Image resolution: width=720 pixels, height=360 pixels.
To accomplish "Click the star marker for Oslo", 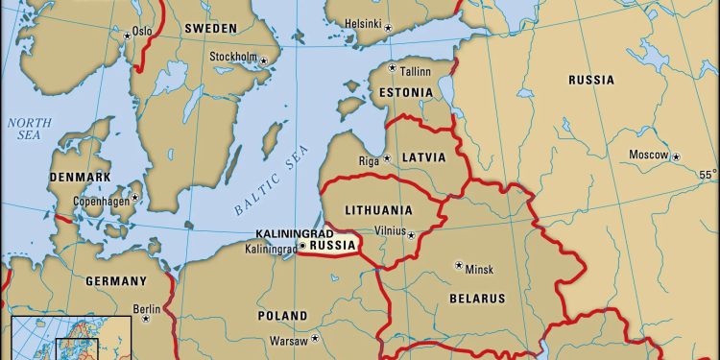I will [127, 36].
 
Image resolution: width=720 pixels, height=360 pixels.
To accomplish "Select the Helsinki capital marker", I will [389, 28].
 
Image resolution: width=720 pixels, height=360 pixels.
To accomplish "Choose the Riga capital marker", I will [388, 159].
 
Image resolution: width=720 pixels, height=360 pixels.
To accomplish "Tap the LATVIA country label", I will [424, 156].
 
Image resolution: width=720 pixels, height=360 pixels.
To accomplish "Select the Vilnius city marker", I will [411, 235].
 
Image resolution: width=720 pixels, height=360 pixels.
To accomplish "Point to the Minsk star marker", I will [458, 265].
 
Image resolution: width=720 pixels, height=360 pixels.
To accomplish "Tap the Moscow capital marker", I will [676, 156].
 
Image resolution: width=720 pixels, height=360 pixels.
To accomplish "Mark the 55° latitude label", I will [707, 175].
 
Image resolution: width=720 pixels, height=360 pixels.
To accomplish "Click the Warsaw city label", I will [288, 341].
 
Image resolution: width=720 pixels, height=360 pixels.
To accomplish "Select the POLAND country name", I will [282, 316].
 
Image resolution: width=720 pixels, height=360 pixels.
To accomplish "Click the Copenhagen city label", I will [101, 202].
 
